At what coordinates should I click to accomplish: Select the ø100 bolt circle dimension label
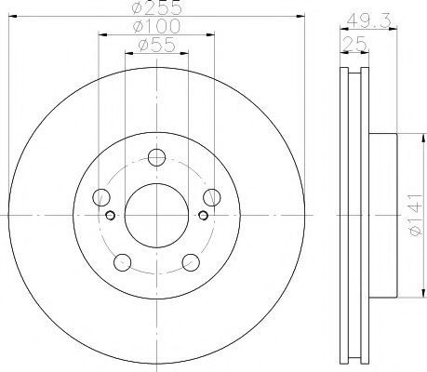click(x=156, y=26)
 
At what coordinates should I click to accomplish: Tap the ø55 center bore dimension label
click(x=157, y=45)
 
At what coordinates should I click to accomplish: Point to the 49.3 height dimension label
click(x=368, y=21)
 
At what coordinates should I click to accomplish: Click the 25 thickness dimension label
click(x=354, y=44)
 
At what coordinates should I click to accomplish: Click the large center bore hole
click(x=156, y=215)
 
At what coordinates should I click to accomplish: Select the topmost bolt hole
click(x=156, y=157)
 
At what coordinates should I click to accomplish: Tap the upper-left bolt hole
click(x=101, y=197)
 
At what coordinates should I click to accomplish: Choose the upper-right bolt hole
click(x=212, y=197)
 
